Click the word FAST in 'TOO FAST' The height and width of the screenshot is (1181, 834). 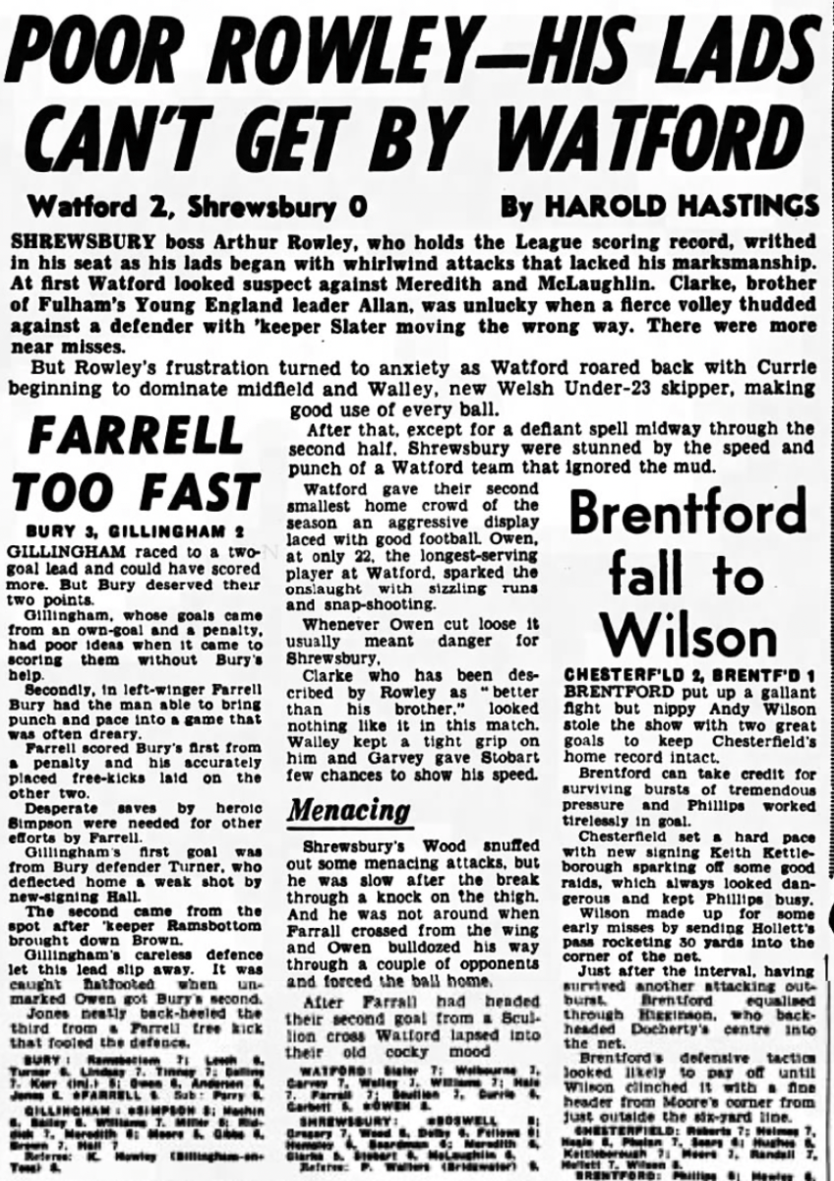pyautogui.click(x=198, y=492)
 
